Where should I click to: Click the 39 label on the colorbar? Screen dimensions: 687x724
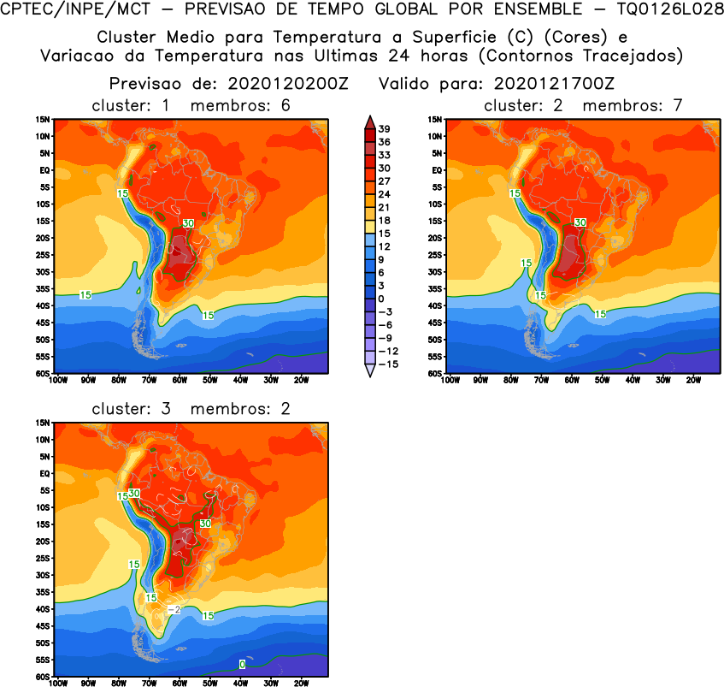pos(385,128)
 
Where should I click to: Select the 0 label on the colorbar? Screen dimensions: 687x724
pos(385,298)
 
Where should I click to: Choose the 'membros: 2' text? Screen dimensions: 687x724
pos(240,409)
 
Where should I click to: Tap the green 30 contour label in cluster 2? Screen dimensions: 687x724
pos(580,222)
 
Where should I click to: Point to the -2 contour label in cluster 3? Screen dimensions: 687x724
pos(173,609)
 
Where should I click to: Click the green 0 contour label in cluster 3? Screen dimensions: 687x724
pos(242,664)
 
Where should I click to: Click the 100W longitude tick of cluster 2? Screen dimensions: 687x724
pos(450,380)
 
